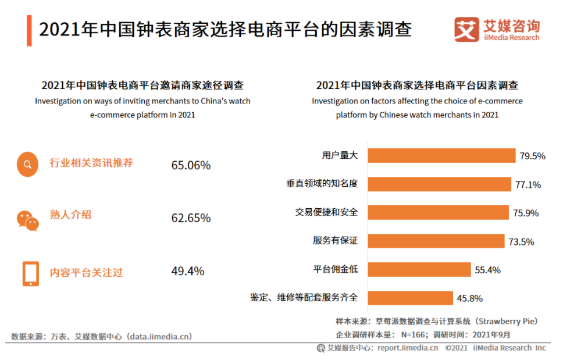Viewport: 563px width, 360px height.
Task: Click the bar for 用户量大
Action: click(442, 155)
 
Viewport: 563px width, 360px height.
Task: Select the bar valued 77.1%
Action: click(440, 184)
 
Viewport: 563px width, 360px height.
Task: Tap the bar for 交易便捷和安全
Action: click(439, 212)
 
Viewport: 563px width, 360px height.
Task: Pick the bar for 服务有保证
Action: click(436, 241)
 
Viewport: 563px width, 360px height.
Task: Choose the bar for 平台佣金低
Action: click(419, 269)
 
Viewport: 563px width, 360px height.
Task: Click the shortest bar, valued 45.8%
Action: click(411, 298)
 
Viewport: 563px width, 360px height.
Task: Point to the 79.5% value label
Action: click(533, 156)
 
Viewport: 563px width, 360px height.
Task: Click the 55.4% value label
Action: click(487, 270)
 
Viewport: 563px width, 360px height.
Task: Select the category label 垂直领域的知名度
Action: click(322, 184)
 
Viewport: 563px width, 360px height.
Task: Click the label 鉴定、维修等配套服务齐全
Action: click(304, 298)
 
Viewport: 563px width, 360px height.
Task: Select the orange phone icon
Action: click(30, 273)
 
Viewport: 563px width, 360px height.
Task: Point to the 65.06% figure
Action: click(191, 165)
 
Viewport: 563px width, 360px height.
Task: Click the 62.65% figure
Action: click(191, 218)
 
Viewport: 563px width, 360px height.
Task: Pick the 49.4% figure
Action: click(187, 271)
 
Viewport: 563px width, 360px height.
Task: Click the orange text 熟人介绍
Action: click(70, 215)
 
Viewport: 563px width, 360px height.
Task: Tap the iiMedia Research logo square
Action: click(466, 29)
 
